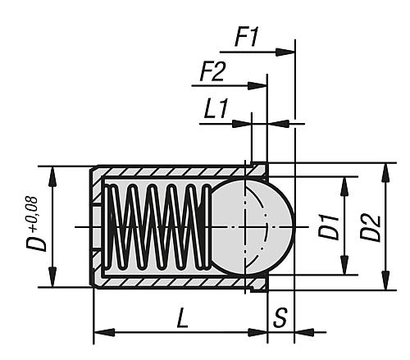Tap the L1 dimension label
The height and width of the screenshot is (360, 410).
[x=215, y=110]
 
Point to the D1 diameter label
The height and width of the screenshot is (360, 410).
[x=329, y=225]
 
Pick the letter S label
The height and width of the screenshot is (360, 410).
[x=280, y=317]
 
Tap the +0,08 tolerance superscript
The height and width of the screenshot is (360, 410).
[x=31, y=208]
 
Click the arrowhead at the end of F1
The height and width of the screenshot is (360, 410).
[x=287, y=52]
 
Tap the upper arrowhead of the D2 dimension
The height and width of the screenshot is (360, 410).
[x=384, y=169]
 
